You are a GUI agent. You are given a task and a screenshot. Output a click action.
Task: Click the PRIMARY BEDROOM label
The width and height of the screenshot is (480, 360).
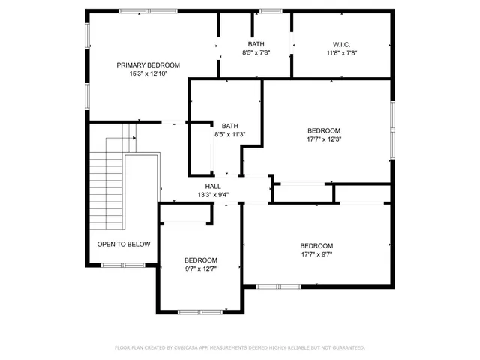148,65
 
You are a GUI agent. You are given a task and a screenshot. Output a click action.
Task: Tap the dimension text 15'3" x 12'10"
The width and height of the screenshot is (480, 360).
148,74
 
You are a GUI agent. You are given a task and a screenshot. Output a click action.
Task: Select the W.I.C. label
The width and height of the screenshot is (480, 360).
341,44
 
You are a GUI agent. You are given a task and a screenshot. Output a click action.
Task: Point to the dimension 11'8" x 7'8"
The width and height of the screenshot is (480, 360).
341,53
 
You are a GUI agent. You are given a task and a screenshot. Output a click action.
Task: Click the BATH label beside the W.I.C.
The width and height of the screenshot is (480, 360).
256,44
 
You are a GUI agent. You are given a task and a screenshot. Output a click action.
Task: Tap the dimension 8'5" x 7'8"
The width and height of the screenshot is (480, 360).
256,53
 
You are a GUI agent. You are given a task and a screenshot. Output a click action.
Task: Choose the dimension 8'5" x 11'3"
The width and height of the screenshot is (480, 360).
230,135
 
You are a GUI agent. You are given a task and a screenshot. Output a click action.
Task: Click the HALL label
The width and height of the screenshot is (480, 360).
213,186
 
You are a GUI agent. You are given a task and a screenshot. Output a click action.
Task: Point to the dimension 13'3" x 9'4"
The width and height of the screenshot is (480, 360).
213,195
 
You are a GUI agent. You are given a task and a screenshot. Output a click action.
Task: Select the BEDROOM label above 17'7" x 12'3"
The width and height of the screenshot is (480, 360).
324,130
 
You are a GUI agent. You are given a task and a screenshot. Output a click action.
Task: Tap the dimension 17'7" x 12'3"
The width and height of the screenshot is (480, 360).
324,139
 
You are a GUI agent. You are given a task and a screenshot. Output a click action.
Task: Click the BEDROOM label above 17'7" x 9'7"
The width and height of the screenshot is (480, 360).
316,245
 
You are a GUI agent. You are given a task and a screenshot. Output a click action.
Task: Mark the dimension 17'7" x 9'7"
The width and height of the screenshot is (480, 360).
316,254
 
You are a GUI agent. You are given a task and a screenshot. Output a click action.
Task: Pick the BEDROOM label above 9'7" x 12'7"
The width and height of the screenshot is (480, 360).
201,259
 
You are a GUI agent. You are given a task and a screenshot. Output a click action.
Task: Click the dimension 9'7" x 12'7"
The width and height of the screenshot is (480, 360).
201,268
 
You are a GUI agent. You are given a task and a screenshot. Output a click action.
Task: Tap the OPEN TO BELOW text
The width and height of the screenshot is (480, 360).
124,244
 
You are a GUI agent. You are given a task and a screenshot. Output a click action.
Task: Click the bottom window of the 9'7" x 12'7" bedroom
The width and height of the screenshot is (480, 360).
199,311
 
